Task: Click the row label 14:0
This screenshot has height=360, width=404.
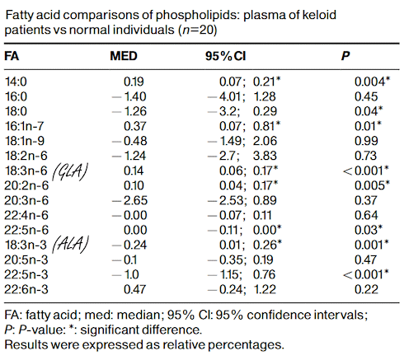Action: pos(15,81)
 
